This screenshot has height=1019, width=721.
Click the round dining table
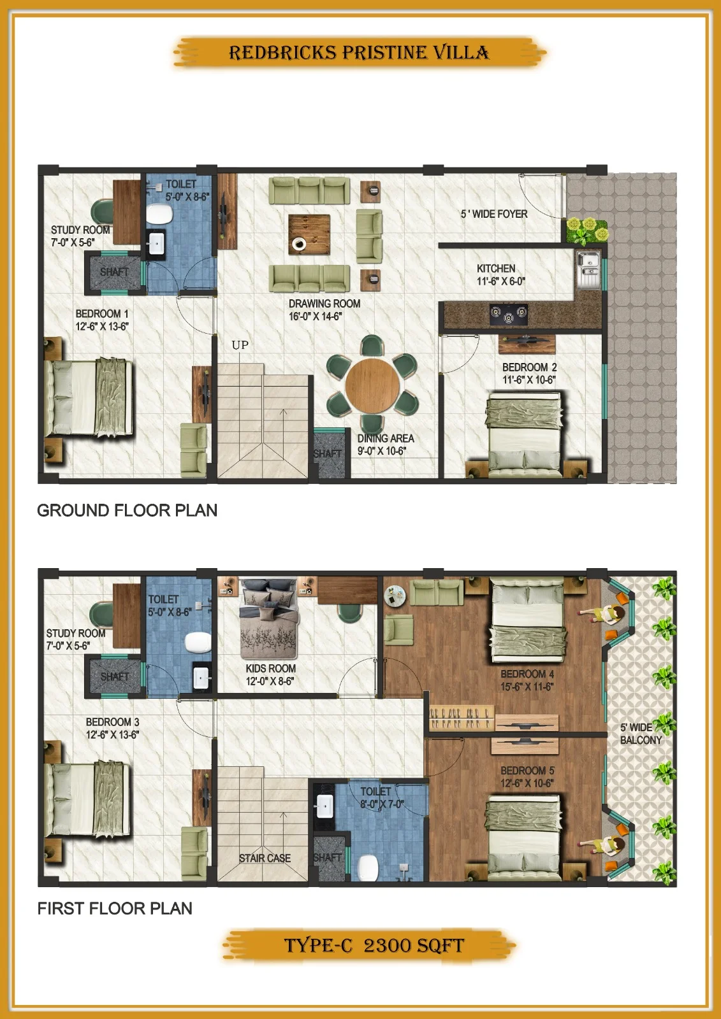(372, 385)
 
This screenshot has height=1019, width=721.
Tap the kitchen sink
(588, 270)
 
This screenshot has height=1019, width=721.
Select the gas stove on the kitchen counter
(508, 315)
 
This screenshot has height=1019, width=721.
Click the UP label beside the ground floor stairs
(240, 345)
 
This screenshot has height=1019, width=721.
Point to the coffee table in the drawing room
(309, 234)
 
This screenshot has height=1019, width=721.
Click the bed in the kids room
(269, 618)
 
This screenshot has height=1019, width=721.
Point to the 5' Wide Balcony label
(641, 734)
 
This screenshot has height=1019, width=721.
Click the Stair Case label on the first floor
(265, 858)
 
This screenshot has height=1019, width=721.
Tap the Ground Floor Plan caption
(127, 510)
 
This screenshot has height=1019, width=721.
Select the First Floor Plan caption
(115, 908)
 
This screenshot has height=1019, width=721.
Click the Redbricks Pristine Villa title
(359, 53)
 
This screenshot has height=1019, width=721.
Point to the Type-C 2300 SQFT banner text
(374, 945)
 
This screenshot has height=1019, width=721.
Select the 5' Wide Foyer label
(493, 214)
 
